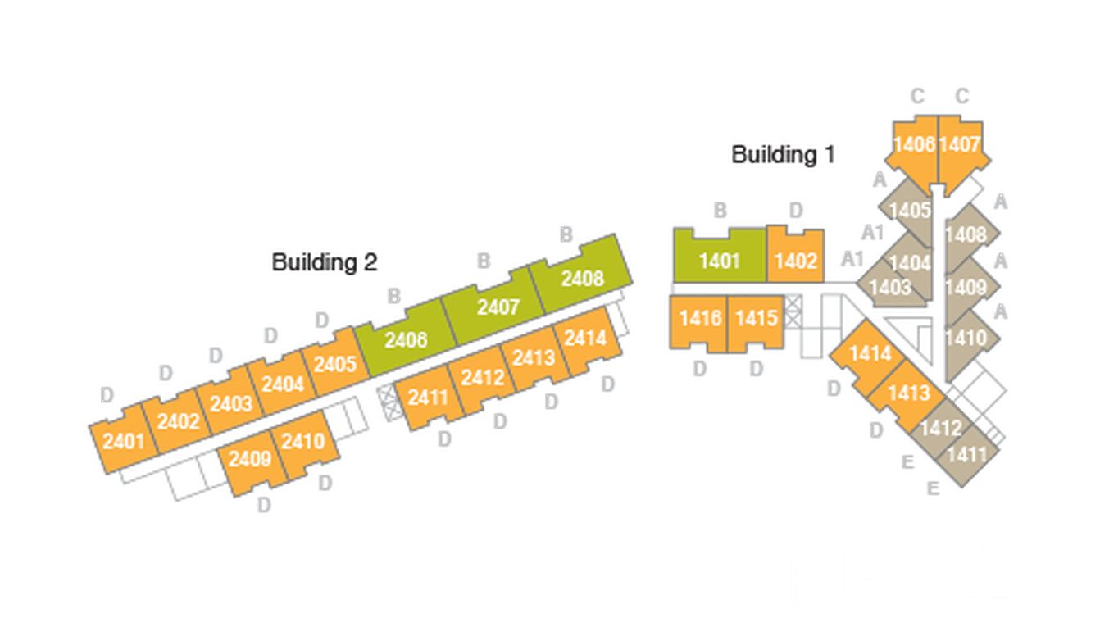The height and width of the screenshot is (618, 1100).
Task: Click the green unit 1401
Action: point(720,260)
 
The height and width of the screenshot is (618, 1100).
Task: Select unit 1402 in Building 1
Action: point(796,260)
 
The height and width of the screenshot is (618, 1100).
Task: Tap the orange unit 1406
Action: point(914,146)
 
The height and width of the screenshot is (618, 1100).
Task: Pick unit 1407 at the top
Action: point(959,146)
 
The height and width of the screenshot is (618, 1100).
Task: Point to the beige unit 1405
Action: point(909,210)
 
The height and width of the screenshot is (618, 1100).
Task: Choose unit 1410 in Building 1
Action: point(965,338)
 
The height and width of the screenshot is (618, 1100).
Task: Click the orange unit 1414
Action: point(870,354)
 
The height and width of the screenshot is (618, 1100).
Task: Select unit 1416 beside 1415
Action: point(699,318)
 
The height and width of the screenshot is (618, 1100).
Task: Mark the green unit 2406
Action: point(406,339)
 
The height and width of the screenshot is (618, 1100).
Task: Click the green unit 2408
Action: point(582,278)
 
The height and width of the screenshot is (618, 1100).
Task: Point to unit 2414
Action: point(585,338)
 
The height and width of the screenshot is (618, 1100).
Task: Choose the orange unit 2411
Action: point(428,398)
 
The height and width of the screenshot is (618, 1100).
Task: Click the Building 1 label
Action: point(783,154)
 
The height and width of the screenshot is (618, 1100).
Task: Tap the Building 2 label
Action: point(325,262)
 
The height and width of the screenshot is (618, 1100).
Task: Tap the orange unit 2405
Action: point(335,363)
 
